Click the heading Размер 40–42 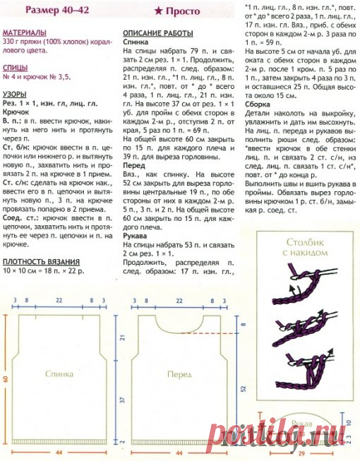pos(40,11)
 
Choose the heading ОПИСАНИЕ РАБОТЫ pos(157,33)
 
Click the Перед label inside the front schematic pos(179,374)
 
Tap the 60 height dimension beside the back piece pos(5,379)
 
